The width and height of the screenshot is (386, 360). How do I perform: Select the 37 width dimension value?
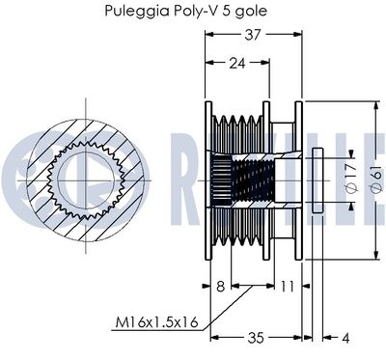click(253, 35)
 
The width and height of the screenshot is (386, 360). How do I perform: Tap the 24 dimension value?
click(237, 64)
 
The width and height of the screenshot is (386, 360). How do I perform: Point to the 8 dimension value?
click(220, 287)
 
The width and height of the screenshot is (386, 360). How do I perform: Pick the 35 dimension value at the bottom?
click(256, 338)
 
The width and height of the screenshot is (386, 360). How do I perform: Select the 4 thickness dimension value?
click(345, 338)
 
